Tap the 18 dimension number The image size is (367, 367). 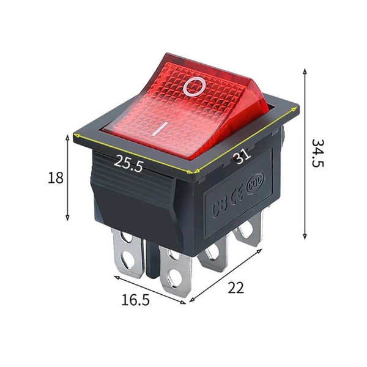pyautogui.click(x=56, y=178)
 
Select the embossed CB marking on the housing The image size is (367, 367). pyautogui.click(x=219, y=206)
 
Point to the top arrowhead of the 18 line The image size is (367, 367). pyautogui.click(x=67, y=138)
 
